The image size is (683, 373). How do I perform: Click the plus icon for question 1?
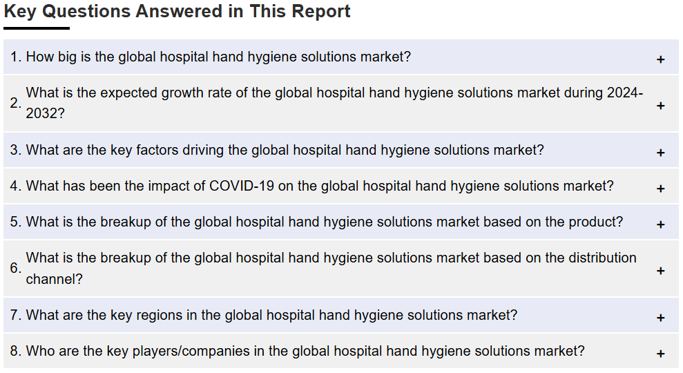(x=660, y=59)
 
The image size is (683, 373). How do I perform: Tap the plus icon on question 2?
(x=660, y=106)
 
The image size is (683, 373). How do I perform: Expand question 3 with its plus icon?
(x=660, y=153)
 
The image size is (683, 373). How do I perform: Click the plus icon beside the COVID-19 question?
(x=660, y=189)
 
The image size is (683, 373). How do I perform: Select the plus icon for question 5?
(x=660, y=224)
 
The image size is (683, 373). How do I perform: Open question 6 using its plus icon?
(x=660, y=271)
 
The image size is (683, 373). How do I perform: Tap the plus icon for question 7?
(x=660, y=318)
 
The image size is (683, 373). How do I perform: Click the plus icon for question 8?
(x=660, y=354)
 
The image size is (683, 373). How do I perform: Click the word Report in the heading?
(x=321, y=12)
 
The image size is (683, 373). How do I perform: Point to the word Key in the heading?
(x=19, y=12)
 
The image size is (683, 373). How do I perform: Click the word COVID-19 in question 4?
(x=242, y=186)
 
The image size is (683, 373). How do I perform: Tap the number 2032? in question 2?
(x=46, y=113)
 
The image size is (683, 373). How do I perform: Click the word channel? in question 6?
(x=54, y=279)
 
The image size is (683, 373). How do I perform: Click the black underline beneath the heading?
(x=37, y=28)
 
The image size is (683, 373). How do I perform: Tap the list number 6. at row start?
(x=16, y=268)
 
